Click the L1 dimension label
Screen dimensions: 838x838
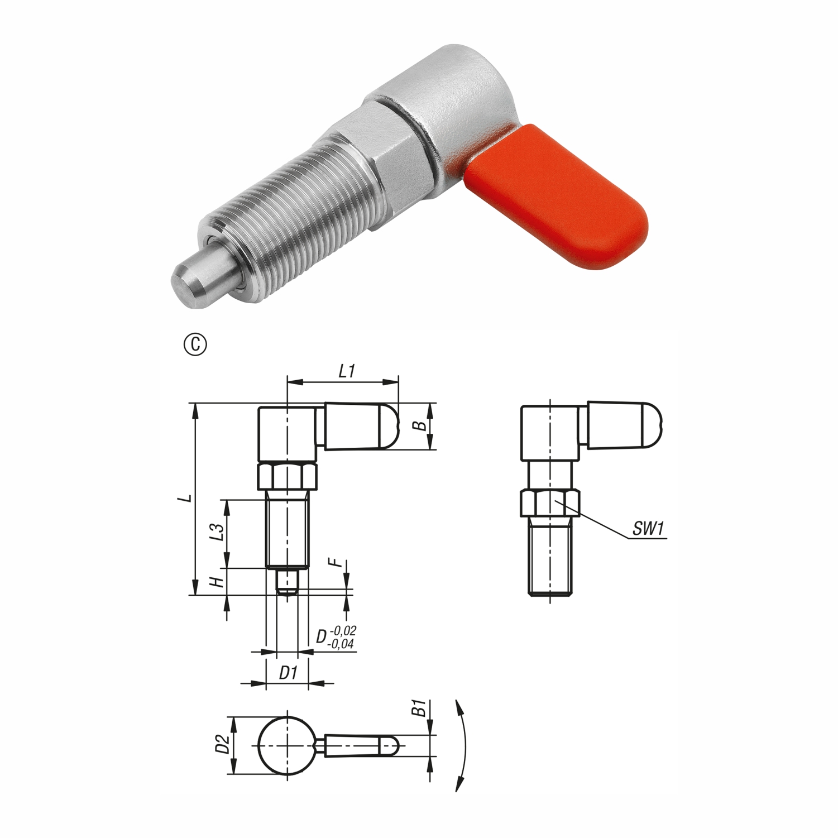click(347, 371)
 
